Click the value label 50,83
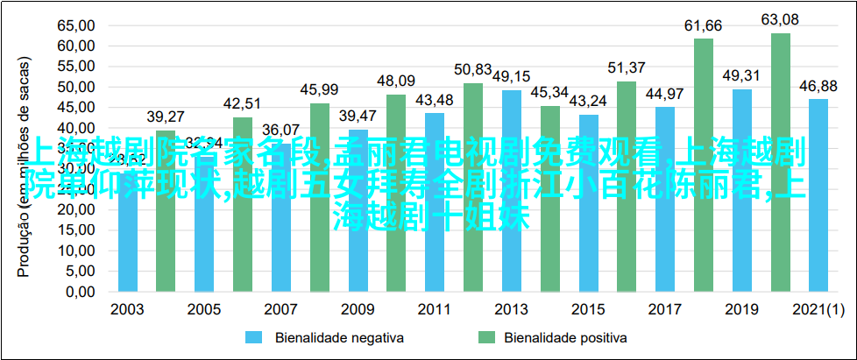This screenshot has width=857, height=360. [473, 69]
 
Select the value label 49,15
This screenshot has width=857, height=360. [511, 76]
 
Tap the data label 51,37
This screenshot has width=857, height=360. [627, 67]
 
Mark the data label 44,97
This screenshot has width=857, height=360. [664, 93]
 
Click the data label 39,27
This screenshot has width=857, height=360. [166, 116]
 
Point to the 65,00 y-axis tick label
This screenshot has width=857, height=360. [76, 25]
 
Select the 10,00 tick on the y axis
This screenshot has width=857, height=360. [76, 250]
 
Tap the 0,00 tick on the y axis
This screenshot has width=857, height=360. [80, 291]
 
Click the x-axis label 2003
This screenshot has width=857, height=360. [128, 310]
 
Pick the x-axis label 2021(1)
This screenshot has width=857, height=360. [818, 310]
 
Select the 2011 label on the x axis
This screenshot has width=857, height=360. [435, 310]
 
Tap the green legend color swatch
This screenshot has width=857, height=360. [486, 336]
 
